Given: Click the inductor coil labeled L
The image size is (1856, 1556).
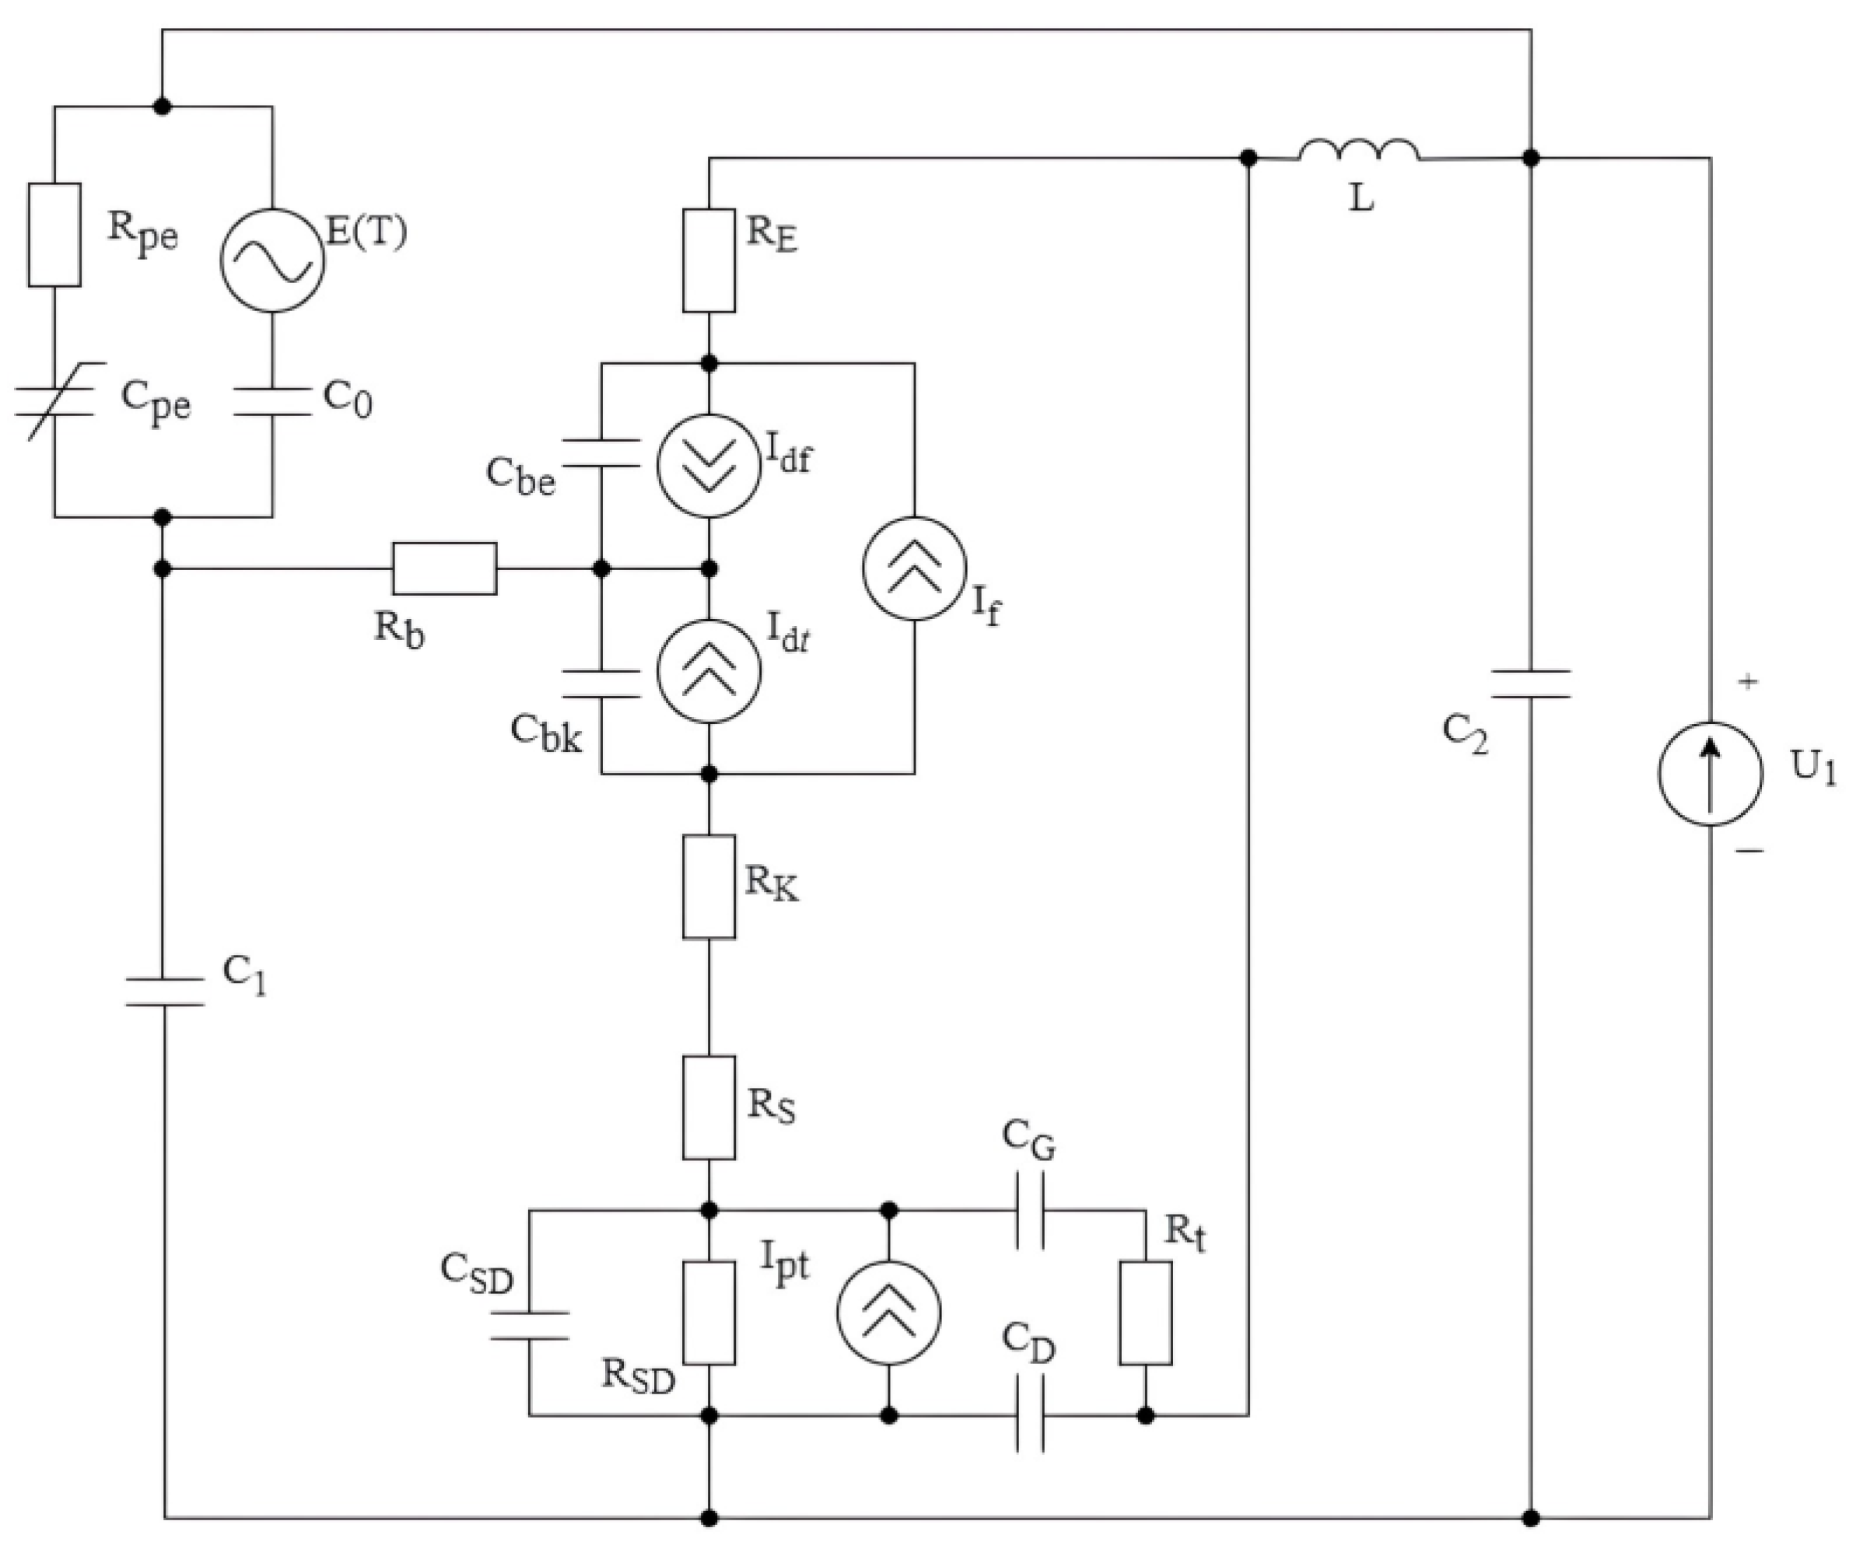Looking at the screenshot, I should point(1359,152).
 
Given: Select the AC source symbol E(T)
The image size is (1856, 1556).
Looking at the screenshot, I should point(271,260).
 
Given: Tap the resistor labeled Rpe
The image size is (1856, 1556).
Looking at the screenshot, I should point(54,235).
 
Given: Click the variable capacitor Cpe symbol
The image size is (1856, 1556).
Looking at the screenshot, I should point(54,400).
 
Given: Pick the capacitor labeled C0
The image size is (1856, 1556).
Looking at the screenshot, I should point(271,400).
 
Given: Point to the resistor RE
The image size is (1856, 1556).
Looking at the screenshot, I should point(709,260).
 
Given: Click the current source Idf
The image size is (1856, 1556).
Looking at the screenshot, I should point(709,465).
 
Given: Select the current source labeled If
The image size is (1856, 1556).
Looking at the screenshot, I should point(915,569).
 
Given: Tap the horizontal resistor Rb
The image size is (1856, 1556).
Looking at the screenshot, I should point(445,568).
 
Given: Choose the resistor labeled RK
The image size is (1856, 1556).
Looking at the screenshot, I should point(709,886).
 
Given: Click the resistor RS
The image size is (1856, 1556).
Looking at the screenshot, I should point(709,1107).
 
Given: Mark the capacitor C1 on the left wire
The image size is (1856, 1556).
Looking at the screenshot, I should point(164,991).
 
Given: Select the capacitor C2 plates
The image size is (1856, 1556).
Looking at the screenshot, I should point(1531,684).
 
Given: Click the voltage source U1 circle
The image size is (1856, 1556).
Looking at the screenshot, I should point(1711,774).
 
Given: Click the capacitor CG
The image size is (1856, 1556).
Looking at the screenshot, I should point(1030,1210).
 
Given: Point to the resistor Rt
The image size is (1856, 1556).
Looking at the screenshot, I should point(1146,1313).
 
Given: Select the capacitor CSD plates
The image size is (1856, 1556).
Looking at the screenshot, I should point(530,1325).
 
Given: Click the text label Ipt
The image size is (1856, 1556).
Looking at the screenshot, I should point(784,1264).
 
